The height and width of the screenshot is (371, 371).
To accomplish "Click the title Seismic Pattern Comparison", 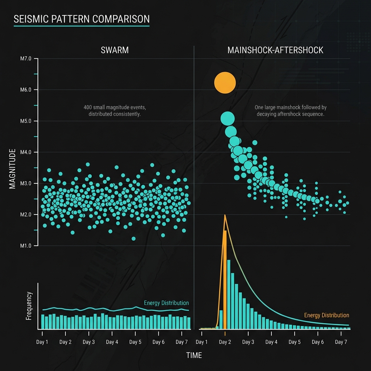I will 81,19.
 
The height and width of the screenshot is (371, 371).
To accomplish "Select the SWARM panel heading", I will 114,50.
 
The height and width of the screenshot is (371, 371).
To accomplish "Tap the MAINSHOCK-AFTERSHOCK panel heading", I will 275,50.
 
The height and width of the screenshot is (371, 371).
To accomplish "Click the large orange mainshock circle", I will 225,83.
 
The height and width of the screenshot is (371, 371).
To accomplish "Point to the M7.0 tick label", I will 25,59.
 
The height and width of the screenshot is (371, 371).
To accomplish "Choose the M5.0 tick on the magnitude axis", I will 25,121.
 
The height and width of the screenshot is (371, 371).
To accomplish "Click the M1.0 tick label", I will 25,246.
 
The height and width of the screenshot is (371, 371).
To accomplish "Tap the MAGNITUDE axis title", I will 13,168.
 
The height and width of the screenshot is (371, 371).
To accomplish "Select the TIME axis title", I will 194,355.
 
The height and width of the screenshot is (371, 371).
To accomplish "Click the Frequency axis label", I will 29,306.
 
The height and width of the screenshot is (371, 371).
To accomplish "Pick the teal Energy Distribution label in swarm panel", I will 166,303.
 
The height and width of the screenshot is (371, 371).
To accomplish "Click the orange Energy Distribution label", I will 326,315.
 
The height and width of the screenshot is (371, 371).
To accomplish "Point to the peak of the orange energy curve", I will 225,216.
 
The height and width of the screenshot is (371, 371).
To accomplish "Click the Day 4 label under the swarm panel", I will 112,342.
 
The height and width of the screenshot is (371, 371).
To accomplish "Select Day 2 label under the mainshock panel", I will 225,342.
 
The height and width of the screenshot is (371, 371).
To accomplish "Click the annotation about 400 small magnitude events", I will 114,111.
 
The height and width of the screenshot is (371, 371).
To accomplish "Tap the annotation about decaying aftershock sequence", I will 290,111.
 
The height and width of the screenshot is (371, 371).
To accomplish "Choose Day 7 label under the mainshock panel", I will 341,342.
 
